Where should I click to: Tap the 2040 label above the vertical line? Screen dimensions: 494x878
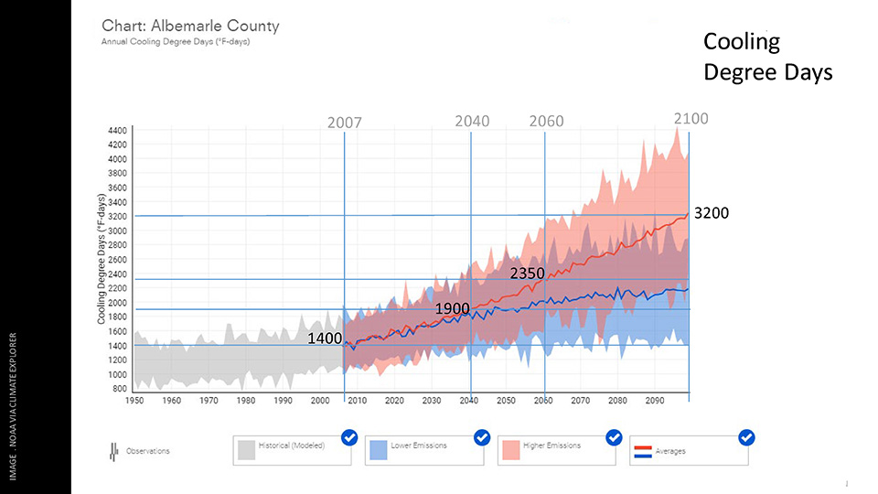tap(472, 122)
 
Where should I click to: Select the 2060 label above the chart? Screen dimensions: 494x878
tap(546, 122)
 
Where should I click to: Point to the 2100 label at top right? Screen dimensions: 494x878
tap(691, 118)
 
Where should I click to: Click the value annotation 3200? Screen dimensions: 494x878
tap(712, 213)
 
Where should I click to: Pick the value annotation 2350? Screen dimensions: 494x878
tap(528, 274)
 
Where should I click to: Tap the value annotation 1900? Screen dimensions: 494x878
tap(453, 308)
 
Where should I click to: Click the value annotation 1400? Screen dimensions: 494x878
tap(324, 338)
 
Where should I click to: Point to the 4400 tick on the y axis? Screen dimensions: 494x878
tap(116, 132)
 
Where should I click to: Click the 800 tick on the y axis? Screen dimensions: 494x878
tap(119, 389)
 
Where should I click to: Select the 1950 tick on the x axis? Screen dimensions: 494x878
tap(134, 401)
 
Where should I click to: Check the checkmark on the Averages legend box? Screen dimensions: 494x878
tap(746, 438)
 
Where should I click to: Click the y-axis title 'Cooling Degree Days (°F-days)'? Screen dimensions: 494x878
tap(103, 259)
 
